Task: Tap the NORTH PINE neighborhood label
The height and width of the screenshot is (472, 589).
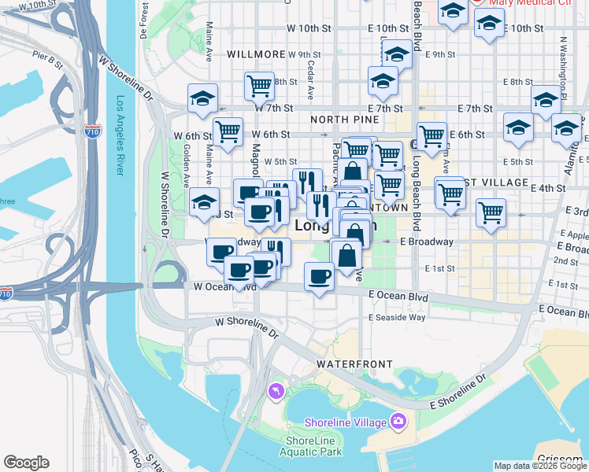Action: (345, 120)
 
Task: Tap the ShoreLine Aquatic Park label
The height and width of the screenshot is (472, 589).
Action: (314, 446)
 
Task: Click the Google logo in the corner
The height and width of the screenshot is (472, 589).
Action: (26, 463)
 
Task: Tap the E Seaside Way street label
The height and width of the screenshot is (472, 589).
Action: (397, 317)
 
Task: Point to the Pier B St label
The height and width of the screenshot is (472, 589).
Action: (47, 57)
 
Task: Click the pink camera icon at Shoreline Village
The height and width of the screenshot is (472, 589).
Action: (398, 422)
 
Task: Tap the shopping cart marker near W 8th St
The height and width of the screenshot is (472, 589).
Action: (259, 85)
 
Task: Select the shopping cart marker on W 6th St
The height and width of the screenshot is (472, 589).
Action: (228, 131)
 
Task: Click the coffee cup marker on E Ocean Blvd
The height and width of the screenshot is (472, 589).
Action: (319, 277)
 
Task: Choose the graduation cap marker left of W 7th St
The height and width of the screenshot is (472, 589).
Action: (202, 99)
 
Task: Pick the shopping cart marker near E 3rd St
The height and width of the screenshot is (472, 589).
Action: (491, 211)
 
